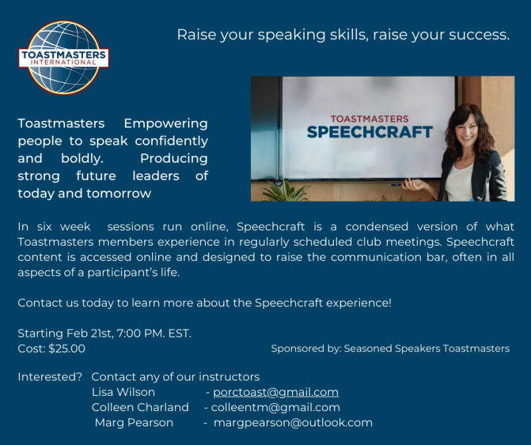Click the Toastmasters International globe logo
coord(64,58)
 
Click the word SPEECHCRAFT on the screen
coord(370,132)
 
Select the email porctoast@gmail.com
coord(275,392)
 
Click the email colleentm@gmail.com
coord(275,407)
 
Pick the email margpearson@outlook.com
coord(293,422)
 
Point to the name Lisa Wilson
coord(123,392)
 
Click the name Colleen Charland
coord(140,407)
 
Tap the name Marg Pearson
coord(134,422)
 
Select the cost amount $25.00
coord(67,349)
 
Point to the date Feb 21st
coord(90,333)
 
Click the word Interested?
coord(50,377)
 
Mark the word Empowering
coord(165,124)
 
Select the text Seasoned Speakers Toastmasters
coord(427,349)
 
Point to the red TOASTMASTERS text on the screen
coord(370,119)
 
